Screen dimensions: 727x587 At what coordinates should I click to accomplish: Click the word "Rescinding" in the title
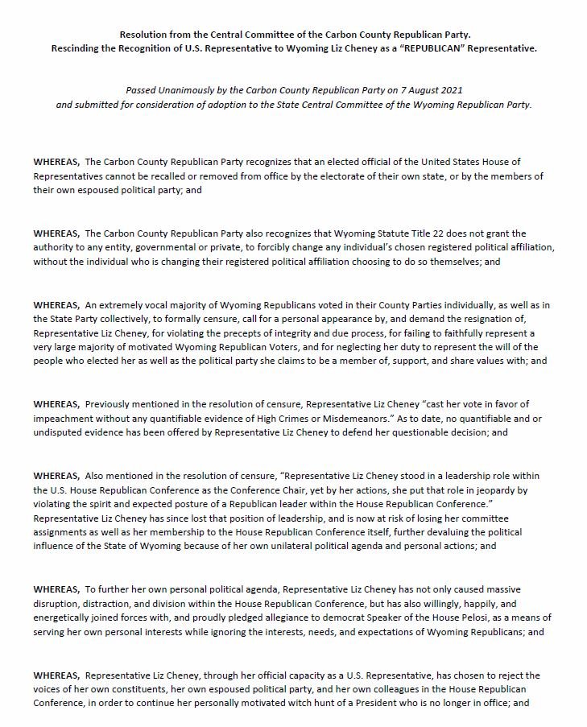click(x=92, y=48)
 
